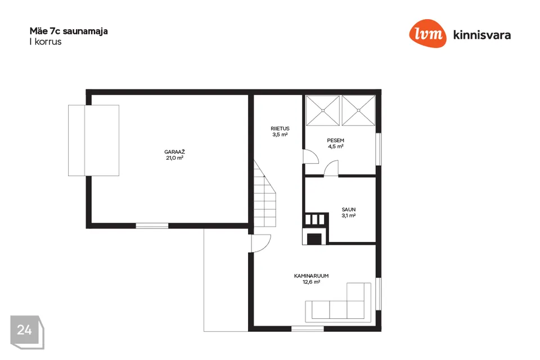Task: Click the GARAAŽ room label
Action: point(174,152)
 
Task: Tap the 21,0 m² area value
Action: point(174,157)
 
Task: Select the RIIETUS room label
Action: point(280,128)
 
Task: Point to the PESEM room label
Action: point(335,140)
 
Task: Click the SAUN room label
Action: point(349,209)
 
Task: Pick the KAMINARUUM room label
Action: point(311,276)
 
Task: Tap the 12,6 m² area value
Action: point(311,282)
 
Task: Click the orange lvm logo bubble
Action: point(427,33)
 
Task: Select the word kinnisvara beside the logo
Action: point(482,35)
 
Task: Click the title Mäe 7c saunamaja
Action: point(69,31)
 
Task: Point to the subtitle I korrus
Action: point(46,42)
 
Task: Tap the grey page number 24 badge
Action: point(27,332)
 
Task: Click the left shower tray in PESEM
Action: point(323,111)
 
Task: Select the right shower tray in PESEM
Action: point(358,111)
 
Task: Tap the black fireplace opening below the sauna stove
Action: point(314,238)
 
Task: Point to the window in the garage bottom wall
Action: point(152,226)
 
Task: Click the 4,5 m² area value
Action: point(335,146)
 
